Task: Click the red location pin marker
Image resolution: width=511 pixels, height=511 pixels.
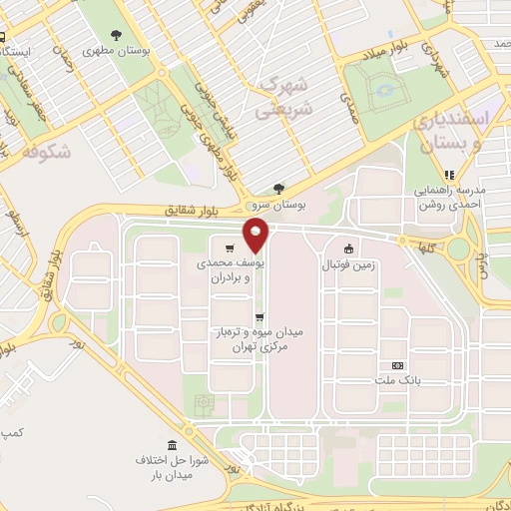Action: click(257, 236)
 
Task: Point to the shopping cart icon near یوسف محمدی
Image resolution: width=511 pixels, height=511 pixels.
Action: click(231, 249)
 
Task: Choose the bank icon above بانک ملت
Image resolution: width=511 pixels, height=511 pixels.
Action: click(398, 366)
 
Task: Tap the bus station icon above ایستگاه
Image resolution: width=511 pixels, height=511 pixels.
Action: click(3, 38)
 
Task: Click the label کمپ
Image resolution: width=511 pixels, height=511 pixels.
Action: click(10, 432)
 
